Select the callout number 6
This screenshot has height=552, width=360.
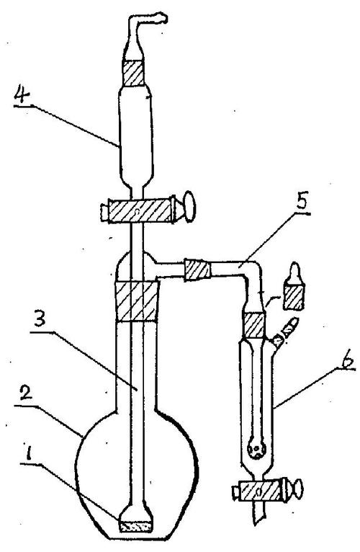point(346,359)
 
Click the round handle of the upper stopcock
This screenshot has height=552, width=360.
point(189,207)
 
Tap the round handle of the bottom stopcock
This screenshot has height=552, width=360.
point(299,489)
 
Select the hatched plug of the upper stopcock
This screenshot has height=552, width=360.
point(140,211)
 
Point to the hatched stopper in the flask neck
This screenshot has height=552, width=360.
point(138,301)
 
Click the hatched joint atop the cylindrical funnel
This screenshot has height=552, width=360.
point(133,74)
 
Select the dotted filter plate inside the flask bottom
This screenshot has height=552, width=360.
point(136,527)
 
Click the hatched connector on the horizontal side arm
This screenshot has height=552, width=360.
point(197,270)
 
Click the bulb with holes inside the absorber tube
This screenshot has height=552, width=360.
point(257,449)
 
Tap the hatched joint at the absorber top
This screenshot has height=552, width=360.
point(254,325)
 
